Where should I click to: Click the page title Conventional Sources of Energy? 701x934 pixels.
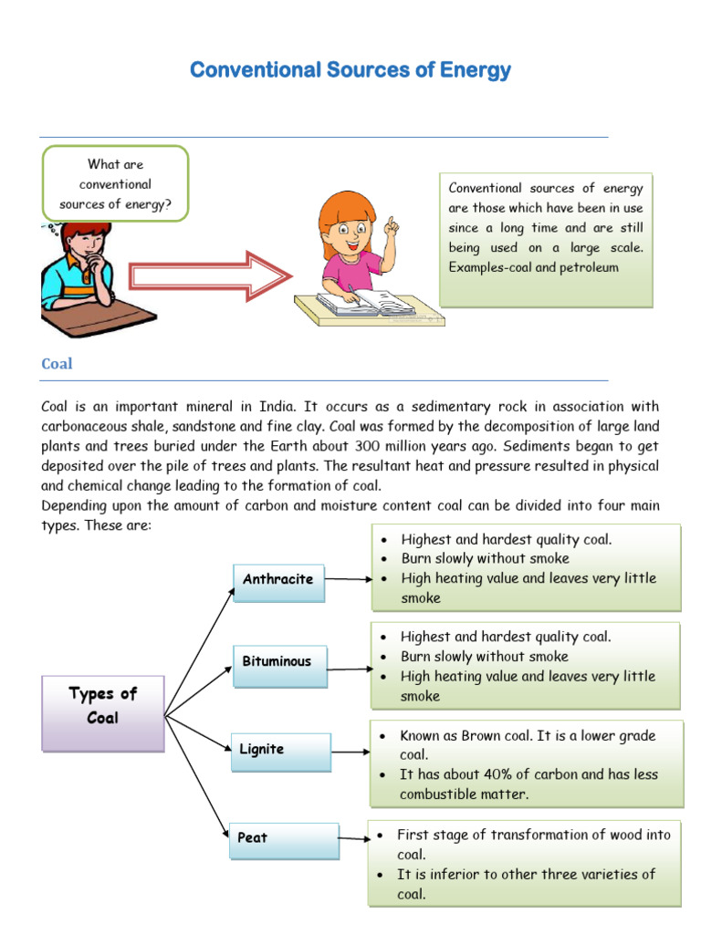click(x=350, y=70)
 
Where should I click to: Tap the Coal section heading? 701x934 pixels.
click(x=57, y=364)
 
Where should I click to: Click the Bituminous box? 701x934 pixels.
click(x=277, y=662)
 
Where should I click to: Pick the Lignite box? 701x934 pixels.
click(x=279, y=750)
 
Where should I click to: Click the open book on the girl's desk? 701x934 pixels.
click(x=366, y=302)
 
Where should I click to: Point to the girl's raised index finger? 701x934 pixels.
click(x=389, y=223)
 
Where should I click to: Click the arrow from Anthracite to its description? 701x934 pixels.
click(x=348, y=578)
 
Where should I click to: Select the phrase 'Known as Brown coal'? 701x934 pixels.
click(x=462, y=735)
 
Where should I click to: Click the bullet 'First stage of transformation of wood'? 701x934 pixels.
click(x=533, y=835)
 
